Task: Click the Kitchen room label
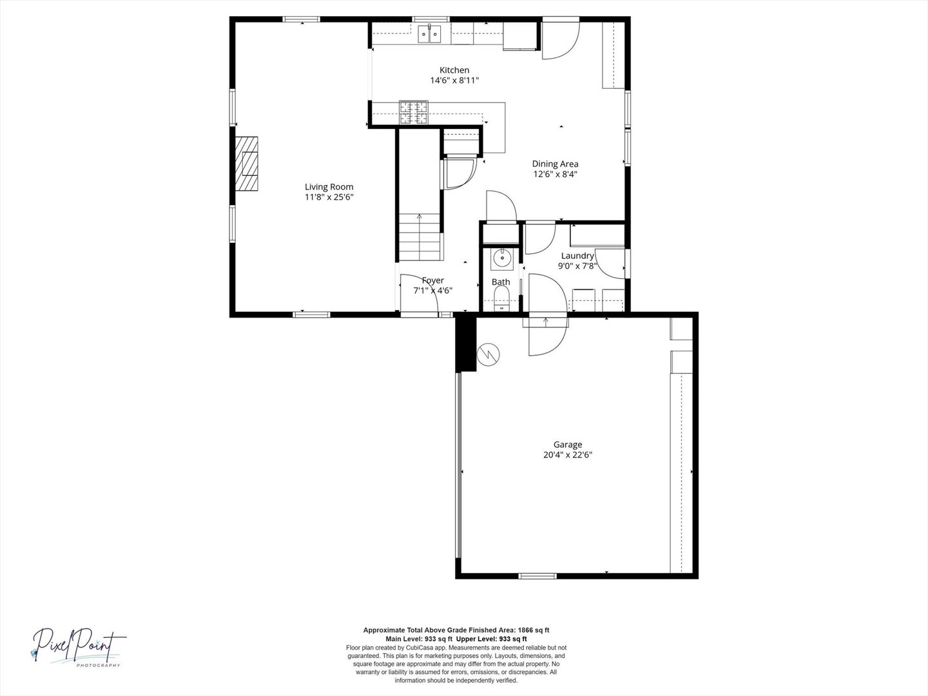454,70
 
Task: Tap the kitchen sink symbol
430,34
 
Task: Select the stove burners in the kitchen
414,113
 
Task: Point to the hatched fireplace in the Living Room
246,164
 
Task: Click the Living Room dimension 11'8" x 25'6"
329,197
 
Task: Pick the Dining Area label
555,164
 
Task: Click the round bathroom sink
502,259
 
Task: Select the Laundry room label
577,256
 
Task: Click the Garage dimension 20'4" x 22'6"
568,455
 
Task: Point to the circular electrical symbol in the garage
488,354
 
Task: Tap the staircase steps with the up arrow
421,237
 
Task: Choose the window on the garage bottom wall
537,575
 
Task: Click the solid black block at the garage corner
466,344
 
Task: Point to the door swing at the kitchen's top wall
561,38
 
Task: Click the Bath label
501,282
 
